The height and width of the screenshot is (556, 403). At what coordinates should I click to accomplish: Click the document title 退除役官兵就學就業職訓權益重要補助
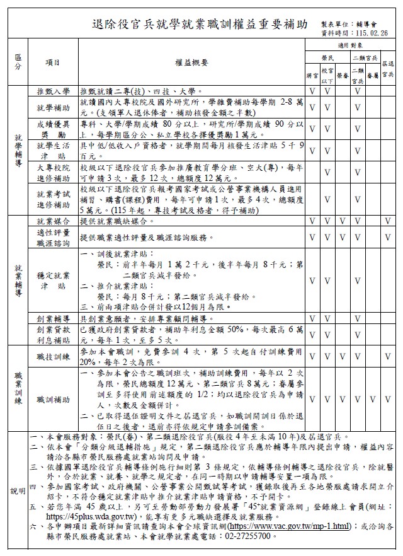tap(200, 25)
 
